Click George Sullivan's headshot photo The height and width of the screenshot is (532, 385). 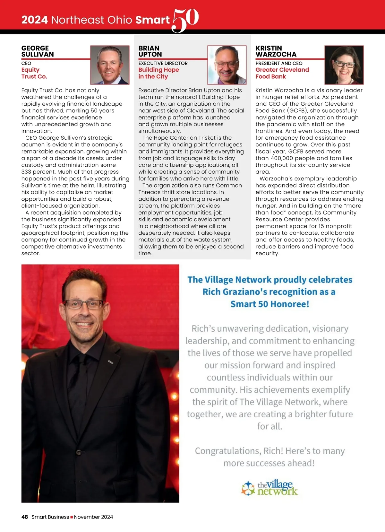click(x=110, y=65)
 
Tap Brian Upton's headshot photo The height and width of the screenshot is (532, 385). click(x=227, y=65)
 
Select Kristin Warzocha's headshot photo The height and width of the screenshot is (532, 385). click(x=344, y=65)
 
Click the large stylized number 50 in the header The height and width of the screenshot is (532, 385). click(x=185, y=20)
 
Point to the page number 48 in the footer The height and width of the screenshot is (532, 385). click(x=25, y=517)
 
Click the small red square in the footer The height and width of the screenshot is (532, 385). click(x=72, y=517)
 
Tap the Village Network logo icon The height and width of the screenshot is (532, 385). click(x=248, y=488)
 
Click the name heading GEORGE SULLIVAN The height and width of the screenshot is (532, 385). click(x=38, y=51)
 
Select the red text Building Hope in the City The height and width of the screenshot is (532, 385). click(x=158, y=73)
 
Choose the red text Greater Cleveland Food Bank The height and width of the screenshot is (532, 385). click(x=282, y=73)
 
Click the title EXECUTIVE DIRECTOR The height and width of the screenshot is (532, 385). click(x=163, y=63)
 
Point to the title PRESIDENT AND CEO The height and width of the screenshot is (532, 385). click(x=279, y=63)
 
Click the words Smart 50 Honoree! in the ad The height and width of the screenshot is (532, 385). click(x=270, y=304)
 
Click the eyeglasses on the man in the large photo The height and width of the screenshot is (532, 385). click(x=84, y=304)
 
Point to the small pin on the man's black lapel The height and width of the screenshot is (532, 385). click(x=111, y=362)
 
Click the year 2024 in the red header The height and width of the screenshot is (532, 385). click(x=35, y=20)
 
